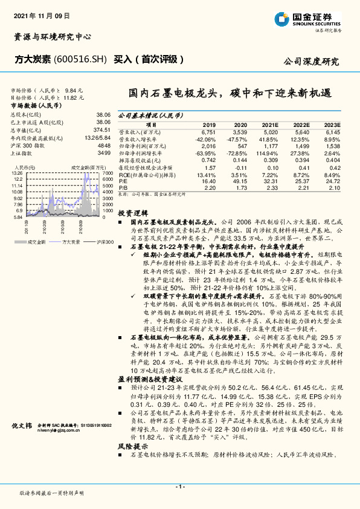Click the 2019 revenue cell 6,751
pyautogui.click(x=208, y=131)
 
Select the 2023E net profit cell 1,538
pyautogui.click(x=333, y=146)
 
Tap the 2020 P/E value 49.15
pyautogui.click(x=239, y=180)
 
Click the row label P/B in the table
pyautogui.click(x=123, y=188)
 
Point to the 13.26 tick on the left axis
pyautogui.click(x=17, y=172)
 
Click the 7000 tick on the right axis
pyautogui.click(x=108, y=172)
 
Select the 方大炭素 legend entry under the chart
pyautogui.click(x=71, y=241)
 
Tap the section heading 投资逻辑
pyautogui.click(x=130, y=213)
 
